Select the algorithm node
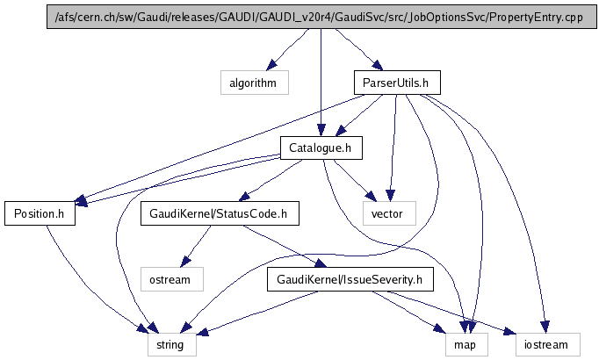[x=253, y=83]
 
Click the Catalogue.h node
[x=320, y=148]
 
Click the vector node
[x=386, y=213]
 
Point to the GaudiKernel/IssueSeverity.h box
[x=350, y=280]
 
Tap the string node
[x=171, y=344]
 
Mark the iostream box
[x=548, y=344]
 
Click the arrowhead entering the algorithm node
[x=272, y=66]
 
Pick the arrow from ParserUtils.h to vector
[x=393, y=149]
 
